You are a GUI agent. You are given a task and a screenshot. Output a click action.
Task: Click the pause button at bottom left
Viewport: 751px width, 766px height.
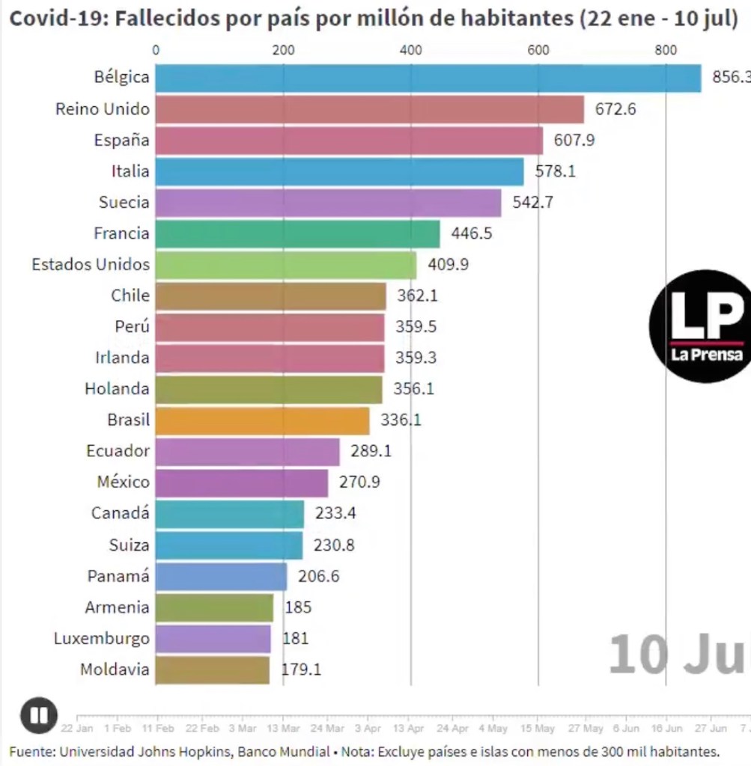(x=39, y=716)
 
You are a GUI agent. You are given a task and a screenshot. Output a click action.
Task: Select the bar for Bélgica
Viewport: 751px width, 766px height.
(x=428, y=78)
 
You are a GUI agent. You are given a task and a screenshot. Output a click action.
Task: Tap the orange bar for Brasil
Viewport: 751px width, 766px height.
(x=262, y=420)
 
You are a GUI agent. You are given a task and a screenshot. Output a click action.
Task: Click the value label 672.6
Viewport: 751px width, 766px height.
(x=615, y=109)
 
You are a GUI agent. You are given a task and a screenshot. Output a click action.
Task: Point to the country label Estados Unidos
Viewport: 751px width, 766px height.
(x=91, y=265)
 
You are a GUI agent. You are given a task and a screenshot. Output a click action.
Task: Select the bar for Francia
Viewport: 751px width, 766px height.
(x=297, y=233)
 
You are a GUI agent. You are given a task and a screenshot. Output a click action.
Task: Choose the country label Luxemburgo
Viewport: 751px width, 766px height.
(x=102, y=639)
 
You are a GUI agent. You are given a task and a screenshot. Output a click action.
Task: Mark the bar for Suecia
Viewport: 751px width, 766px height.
(x=328, y=203)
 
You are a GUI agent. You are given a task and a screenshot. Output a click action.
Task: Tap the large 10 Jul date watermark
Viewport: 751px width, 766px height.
(x=678, y=653)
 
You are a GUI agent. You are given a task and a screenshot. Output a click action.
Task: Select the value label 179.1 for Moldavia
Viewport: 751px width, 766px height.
(x=301, y=670)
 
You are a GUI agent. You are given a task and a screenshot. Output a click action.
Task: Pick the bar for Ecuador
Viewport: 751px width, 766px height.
(x=247, y=452)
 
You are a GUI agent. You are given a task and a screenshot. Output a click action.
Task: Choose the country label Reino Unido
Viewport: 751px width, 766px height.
(x=103, y=109)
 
